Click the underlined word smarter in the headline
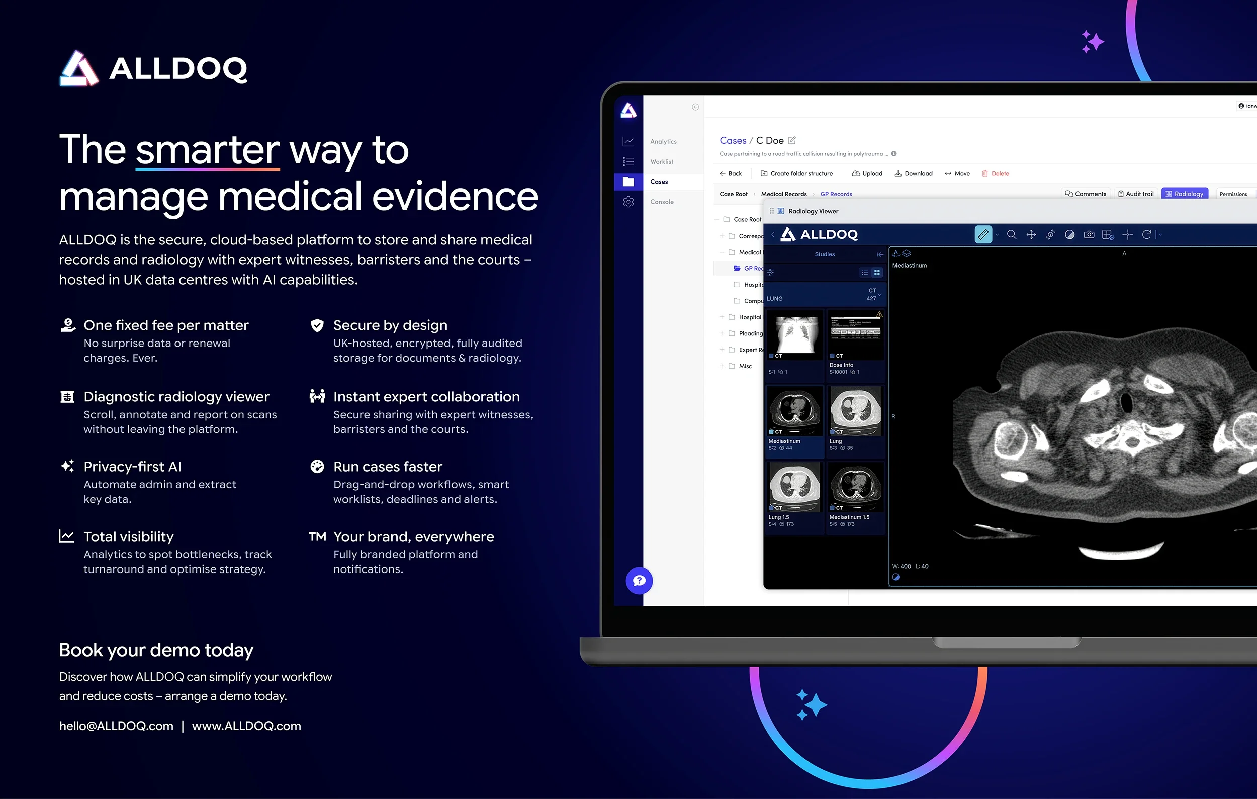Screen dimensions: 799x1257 (x=208, y=150)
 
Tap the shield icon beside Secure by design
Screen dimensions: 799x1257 (x=317, y=325)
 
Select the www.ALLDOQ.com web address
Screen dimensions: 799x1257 (x=246, y=726)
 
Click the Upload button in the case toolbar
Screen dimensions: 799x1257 (x=867, y=174)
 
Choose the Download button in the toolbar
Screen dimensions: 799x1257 (x=914, y=174)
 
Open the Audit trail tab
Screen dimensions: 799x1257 (x=1136, y=194)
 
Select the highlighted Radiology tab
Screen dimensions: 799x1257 (x=1185, y=194)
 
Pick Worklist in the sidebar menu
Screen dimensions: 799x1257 (x=661, y=162)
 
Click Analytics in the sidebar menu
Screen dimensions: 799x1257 (x=663, y=141)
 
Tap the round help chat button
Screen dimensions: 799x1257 (x=639, y=581)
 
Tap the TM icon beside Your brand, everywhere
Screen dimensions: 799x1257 (x=317, y=537)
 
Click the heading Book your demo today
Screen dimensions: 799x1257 (x=156, y=650)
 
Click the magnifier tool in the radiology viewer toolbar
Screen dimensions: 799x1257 (x=1011, y=235)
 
